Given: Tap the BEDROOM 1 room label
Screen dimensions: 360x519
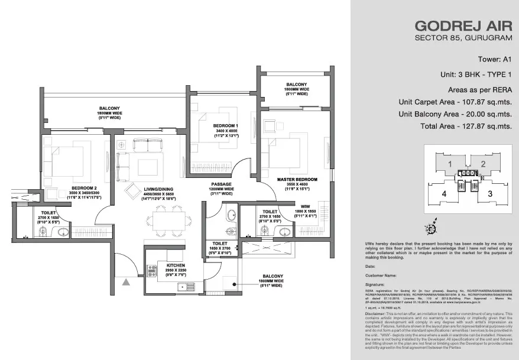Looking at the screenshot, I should [x=225, y=126].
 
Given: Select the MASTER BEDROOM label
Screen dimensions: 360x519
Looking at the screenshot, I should [x=297, y=179].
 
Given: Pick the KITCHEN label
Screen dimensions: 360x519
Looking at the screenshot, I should [x=176, y=266].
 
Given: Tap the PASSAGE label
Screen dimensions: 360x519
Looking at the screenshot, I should [x=220, y=184].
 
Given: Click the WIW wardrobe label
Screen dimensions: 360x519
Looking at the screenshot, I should [x=306, y=206].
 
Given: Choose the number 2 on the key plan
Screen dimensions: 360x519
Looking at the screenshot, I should [x=483, y=164].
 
